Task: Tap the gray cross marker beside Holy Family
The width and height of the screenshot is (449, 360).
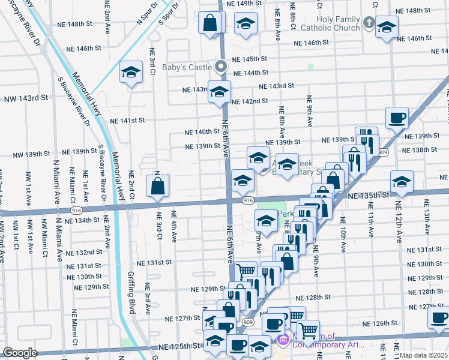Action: pyautogui.click(x=368, y=23)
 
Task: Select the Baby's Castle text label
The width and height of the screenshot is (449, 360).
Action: pyautogui.click(x=188, y=67)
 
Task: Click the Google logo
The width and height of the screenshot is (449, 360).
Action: pyautogui.click(x=20, y=353)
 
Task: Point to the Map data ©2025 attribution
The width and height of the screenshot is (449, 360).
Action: pyautogui.click(x=423, y=355)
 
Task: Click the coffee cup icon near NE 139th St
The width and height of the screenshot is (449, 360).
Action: pyautogui.click(x=396, y=118)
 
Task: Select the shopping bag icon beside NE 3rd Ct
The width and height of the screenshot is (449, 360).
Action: pyautogui.click(x=157, y=185)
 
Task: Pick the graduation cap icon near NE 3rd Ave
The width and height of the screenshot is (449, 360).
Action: pyautogui.click(x=130, y=73)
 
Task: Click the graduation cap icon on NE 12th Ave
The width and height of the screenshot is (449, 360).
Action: pyautogui.click(x=402, y=181)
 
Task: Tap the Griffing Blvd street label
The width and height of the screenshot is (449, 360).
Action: pyautogui.click(x=131, y=294)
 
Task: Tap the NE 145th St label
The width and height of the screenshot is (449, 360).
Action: pyautogui.click(x=249, y=59)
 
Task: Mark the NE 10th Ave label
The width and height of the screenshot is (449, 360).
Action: pyautogui.click(x=342, y=238)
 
